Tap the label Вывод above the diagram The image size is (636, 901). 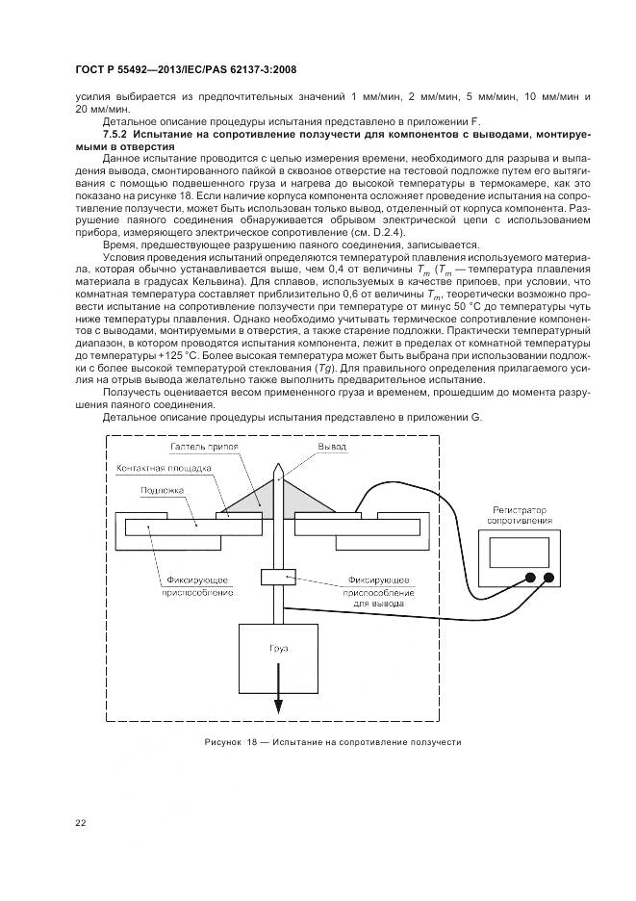tap(332, 449)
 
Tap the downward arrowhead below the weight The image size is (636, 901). tap(279, 708)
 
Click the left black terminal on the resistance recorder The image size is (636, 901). tap(528, 578)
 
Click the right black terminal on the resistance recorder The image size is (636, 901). tap(549, 578)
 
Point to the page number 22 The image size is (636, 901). tap(81, 821)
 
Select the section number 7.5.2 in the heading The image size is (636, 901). tap(117, 136)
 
